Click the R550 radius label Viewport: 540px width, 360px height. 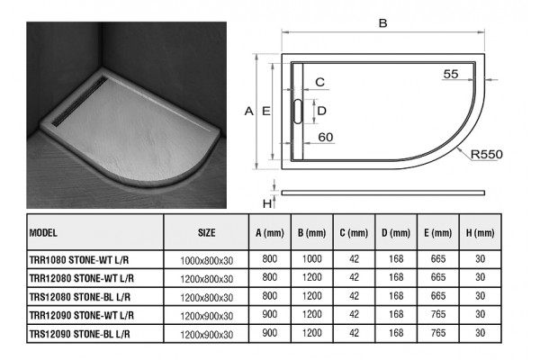(486, 154)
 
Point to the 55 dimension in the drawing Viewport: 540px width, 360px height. (451, 74)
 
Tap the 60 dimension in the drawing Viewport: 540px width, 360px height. (326, 137)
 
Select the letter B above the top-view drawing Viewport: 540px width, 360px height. (382, 23)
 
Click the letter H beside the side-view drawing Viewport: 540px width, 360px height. (267, 204)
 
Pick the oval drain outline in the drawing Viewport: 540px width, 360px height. (298, 112)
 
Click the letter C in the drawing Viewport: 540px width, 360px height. (319, 82)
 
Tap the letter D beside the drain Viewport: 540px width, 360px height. (321, 111)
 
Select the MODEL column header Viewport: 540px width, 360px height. (43, 233)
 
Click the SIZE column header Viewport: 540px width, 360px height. (207, 233)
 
